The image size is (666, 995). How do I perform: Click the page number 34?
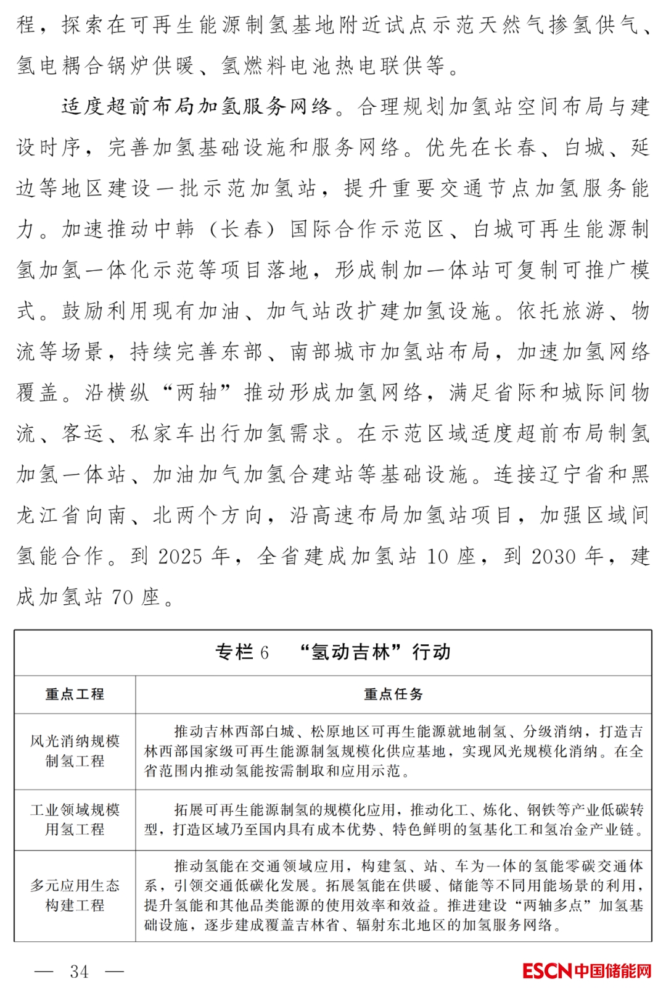pyautogui.click(x=79, y=972)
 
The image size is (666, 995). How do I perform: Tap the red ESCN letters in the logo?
pyautogui.click(x=547, y=971)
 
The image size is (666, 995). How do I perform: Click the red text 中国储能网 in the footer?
pyautogui.click(x=612, y=971)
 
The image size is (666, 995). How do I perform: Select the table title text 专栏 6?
pyautogui.click(x=242, y=652)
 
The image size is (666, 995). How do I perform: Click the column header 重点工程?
pyautogui.click(x=75, y=694)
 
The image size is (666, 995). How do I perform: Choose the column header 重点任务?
pyautogui.click(x=393, y=694)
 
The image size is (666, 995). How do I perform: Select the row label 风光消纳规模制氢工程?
pyautogui.click(x=75, y=751)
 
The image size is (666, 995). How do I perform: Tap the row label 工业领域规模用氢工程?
pyautogui.click(x=75, y=820)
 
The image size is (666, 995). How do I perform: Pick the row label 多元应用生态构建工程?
pyautogui.click(x=75, y=896)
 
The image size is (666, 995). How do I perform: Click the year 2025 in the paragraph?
pyautogui.click(x=180, y=557)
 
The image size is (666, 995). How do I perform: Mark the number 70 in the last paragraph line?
pyautogui.click(x=122, y=597)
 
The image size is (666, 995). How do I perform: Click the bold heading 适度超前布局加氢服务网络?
pyautogui.click(x=197, y=107)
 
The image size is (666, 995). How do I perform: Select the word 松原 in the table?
pyautogui.click(x=325, y=732)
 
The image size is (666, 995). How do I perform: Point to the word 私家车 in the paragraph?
pyautogui.click(x=163, y=433)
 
